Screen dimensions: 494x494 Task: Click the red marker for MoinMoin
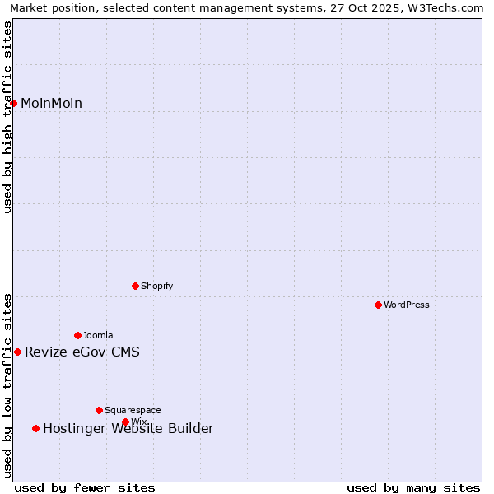click(x=14, y=103)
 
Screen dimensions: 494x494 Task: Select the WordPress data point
click(x=378, y=305)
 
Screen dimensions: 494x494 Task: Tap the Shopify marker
click(x=135, y=286)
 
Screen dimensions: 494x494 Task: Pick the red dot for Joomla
click(x=77, y=335)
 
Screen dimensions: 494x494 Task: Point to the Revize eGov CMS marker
click(x=17, y=352)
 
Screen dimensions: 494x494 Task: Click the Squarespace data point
click(x=99, y=410)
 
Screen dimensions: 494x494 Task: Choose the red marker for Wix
click(x=125, y=422)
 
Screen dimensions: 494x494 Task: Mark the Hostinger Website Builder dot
click(x=35, y=428)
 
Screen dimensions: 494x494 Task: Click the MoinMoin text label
click(x=51, y=104)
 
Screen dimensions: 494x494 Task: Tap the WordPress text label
click(x=407, y=305)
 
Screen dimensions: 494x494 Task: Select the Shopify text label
click(x=156, y=286)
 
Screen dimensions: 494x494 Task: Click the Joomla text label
click(x=98, y=335)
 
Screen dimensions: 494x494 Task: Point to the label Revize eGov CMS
click(x=82, y=352)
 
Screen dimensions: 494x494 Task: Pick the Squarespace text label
click(x=133, y=410)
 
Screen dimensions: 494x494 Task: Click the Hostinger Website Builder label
click(x=128, y=428)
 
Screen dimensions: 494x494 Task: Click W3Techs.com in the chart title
click(x=451, y=8)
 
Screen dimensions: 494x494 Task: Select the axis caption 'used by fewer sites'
click(x=85, y=487)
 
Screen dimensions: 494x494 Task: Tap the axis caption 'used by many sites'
click(x=413, y=487)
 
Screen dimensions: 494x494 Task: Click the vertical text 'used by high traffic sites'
click(x=8, y=117)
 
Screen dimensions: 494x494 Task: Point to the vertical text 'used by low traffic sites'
click(x=8, y=385)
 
